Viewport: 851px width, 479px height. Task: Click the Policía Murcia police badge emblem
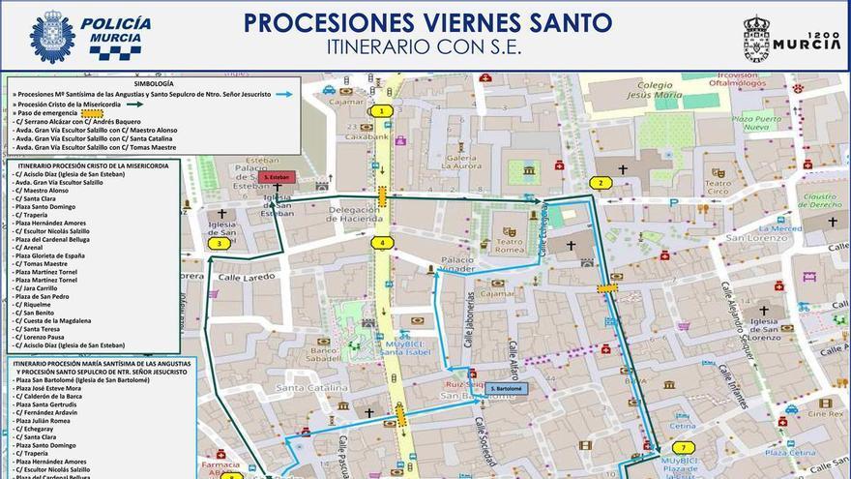coord(52,37)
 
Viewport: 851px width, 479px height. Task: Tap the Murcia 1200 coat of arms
coord(756,37)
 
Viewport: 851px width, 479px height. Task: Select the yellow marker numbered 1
coord(383,111)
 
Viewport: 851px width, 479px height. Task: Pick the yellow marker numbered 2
coord(602,183)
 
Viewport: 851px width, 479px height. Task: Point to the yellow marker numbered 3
coord(220,243)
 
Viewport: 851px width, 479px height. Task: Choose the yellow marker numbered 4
coord(383,243)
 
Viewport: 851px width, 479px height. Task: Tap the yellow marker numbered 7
coord(684,447)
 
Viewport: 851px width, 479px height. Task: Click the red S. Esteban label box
coord(277,178)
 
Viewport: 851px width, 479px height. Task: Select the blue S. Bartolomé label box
coord(508,389)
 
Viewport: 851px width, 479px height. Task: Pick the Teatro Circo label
coord(718,186)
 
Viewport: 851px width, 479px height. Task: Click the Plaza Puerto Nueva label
coord(756,123)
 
